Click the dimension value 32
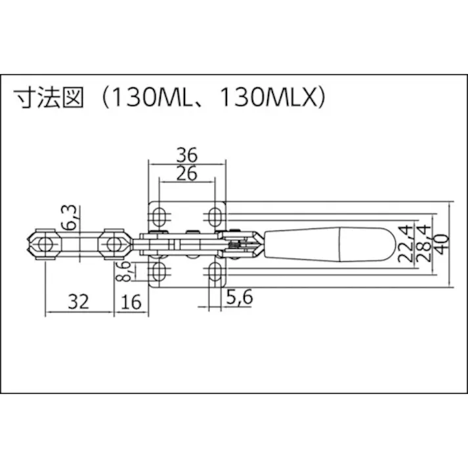[x=78, y=301]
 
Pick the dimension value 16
[x=132, y=301]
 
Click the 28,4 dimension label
[x=425, y=244]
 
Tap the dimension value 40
[x=443, y=244]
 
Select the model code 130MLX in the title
[x=268, y=98]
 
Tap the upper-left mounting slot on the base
[x=160, y=216]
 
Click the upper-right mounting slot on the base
[x=215, y=216]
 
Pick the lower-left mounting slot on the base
[x=160, y=272]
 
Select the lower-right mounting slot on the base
[x=215, y=272]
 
